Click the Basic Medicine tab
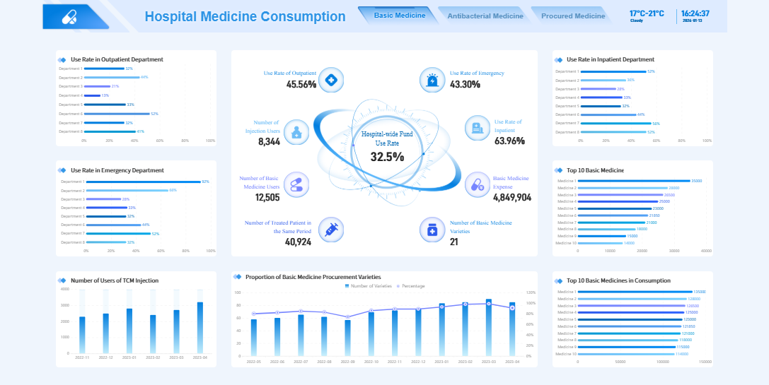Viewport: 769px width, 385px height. [400, 16]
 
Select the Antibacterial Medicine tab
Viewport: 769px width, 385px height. [485, 16]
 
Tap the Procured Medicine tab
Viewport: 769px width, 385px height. [572, 16]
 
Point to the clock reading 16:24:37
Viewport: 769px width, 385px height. [695, 13]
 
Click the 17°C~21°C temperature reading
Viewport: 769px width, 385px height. [647, 13]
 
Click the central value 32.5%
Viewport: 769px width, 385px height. [387, 157]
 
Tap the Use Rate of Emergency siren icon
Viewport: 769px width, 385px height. [432, 80]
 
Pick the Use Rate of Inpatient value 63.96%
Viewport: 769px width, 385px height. [509, 141]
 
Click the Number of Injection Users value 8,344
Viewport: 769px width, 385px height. [269, 141]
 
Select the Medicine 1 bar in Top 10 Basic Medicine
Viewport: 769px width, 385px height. [635, 181]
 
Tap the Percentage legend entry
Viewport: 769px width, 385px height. [411, 286]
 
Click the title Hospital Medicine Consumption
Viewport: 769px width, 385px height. [245, 17]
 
